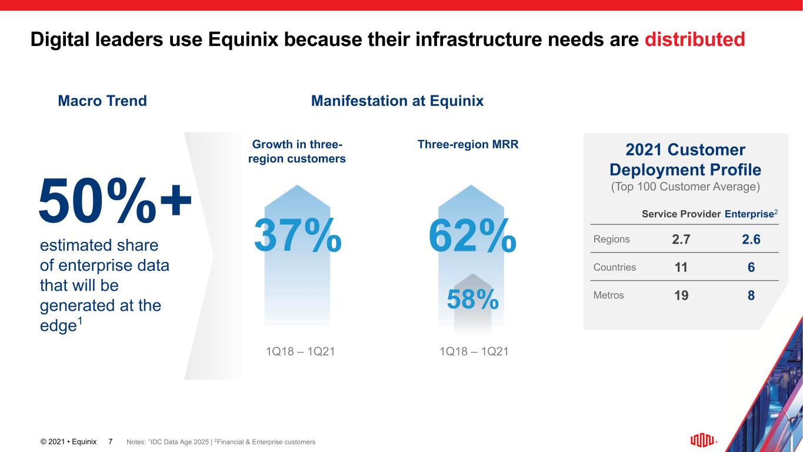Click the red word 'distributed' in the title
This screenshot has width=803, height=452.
[x=695, y=39]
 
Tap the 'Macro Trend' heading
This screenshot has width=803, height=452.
[x=102, y=101]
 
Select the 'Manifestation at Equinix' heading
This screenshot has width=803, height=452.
[x=397, y=101]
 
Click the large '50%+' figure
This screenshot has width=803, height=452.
[x=115, y=200]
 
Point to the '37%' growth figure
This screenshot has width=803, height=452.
[x=298, y=234]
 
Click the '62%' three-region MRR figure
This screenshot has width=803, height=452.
[x=472, y=234]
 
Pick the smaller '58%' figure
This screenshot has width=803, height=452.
[x=472, y=300]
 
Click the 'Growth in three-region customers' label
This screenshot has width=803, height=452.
[x=298, y=152]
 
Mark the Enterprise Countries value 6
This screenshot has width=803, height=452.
[x=751, y=268]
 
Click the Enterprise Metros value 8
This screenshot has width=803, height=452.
[x=751, y=295]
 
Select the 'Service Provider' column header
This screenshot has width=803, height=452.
[x=681, y=214]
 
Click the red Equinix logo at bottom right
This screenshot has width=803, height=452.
[x=702, y=441]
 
